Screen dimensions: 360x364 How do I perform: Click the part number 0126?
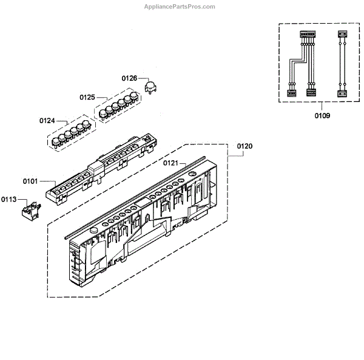click(x=129, y=78)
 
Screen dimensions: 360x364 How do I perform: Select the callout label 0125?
click(x=87, y=97)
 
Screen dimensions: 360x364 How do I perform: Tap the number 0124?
click(x=48, y=121)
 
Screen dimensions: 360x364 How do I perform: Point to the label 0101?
click(x=31, y=181)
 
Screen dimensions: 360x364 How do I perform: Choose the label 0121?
click(x=171, y=163)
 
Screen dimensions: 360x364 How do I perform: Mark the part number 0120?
click(x=244, y=146)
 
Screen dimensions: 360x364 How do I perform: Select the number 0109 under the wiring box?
click(x=322, y=116)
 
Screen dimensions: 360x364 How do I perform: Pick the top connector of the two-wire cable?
click(x=342, y=36)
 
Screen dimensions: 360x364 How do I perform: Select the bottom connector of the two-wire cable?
click(x=342, y=93)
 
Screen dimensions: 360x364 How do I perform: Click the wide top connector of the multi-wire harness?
click(x=305, y=36)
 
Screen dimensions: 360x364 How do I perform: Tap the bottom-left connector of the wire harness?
click(x=290, y=93)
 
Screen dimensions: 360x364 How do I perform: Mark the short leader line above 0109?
click(x=322, y=107)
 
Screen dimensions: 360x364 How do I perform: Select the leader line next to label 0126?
click(x=143, y=79)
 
